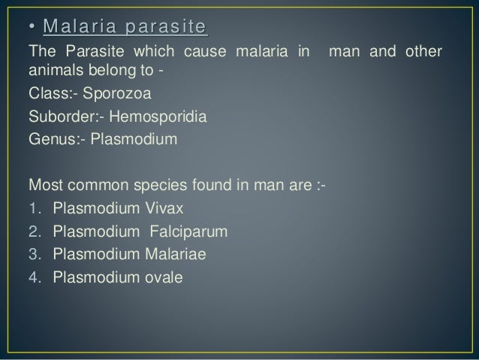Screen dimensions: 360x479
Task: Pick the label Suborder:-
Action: click(x=59, y=118)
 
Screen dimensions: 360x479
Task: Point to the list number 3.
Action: click(x=32, y=254)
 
